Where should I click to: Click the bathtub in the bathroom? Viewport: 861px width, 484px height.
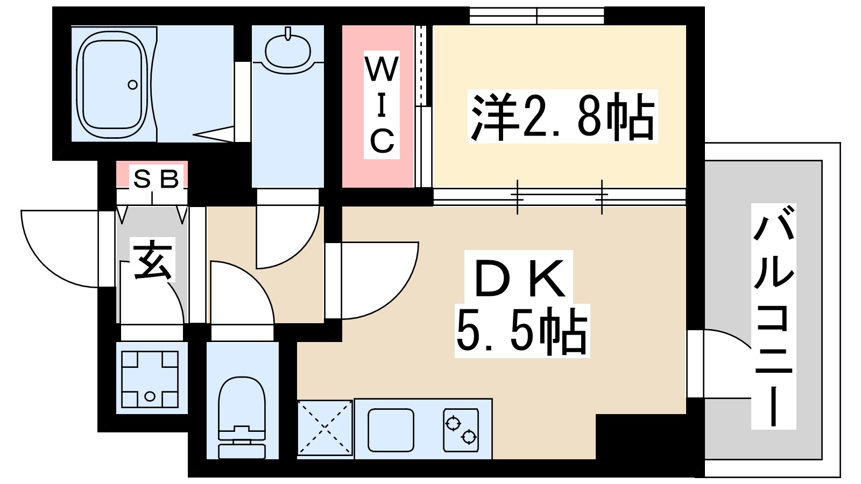pyautogui.click(x=112, y=84)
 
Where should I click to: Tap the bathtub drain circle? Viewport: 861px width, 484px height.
pyautogui.click(x=132, y=84)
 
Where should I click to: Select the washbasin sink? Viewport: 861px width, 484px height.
pyautogui.click(x=288, y=49)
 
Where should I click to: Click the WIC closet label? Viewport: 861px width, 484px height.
pyautogui.click(x=382, y=105)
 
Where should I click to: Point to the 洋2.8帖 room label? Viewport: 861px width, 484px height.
pyautogui.click(x=562, y=116)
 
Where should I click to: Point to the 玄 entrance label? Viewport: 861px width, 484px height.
pyautogui.click(x=154, y=261)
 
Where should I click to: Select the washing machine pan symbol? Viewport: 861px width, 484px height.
pyautogui.click(x=150, y=379)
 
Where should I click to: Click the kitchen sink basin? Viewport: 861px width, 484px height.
pyautogui.click(x=391, y=430)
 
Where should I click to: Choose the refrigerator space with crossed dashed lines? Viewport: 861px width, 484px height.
pyautogui.click(x=325, y=428)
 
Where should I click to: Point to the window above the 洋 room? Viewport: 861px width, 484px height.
pyautogui.click(x=537, y=16)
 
